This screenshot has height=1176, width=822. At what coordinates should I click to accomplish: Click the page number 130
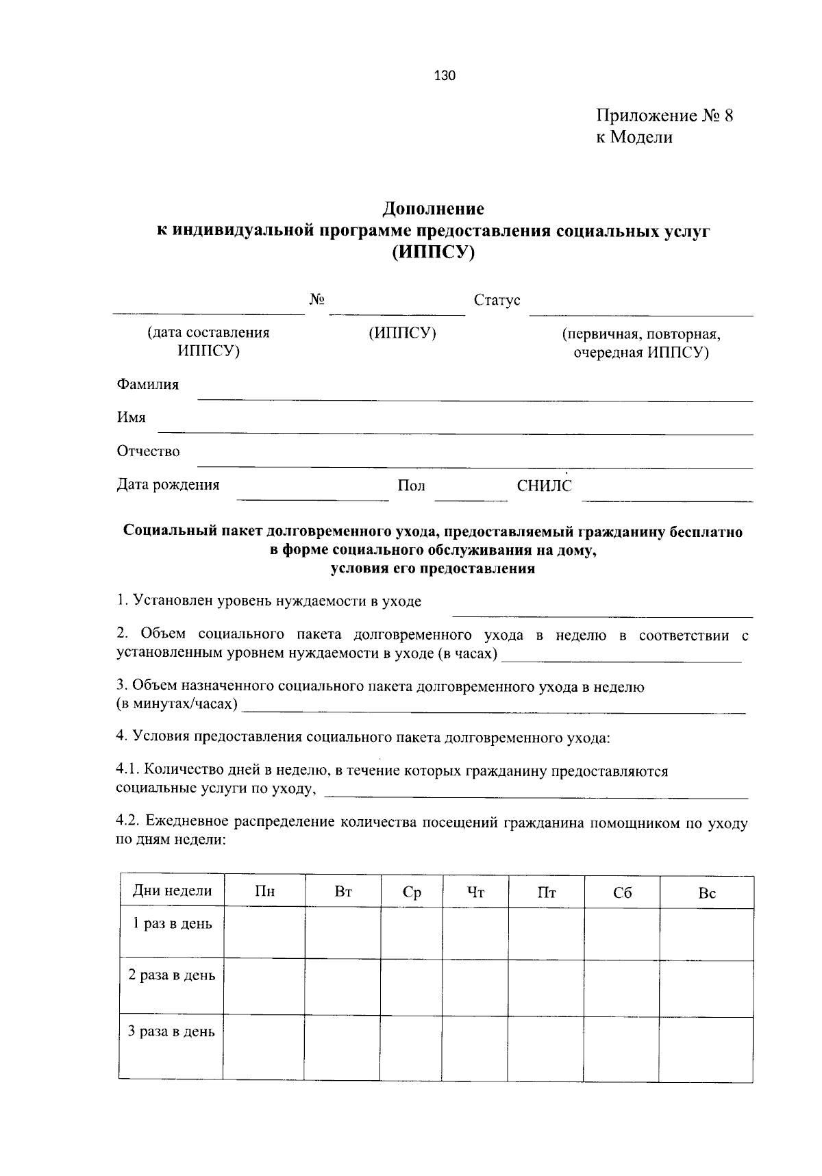(x=445, y=76)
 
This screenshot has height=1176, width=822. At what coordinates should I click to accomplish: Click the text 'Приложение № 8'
(x=664, y=115)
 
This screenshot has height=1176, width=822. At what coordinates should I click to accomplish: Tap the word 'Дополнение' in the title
(x=433, y=208)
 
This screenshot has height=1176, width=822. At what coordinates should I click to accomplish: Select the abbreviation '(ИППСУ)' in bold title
(x=433, y=253)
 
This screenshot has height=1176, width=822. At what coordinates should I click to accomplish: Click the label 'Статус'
(x=497, y=301)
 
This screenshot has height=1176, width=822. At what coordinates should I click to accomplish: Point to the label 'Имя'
(x=131, y=418)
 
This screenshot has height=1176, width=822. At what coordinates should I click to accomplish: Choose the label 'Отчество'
(x=148, y=451)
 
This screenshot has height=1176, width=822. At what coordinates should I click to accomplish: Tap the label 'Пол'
(x=411, y=486)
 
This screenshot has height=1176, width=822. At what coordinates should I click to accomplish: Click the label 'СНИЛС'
(x=544, y=486)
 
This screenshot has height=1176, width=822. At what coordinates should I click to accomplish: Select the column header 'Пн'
(x=264, y=892)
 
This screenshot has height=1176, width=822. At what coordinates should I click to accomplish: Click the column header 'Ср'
(x=412, y=892)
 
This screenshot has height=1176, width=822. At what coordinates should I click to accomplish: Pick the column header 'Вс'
(x=706, y=892)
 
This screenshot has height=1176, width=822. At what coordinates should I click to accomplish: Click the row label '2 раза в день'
(x=171, y=975)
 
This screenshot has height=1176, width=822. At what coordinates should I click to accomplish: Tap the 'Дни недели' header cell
(x=172, y=891)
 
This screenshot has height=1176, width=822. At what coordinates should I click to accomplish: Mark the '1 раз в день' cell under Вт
(x=342, y=932)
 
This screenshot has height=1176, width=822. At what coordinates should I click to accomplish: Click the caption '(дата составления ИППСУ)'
(x=208, y=342)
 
